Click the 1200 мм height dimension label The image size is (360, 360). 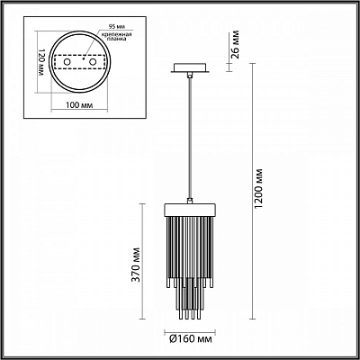pyautogui.click(x=258, y=189)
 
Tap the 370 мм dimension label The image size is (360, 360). pyautogui.click(x=137, y=265)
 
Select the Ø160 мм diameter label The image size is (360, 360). pyautogui.click(x=191, y=339)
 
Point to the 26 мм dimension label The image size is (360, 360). pyautogui.click(x=236, y=44)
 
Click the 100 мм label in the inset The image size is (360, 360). pyautogui.click(x=79, y=105)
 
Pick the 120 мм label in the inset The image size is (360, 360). pyautogui.click(x=41, y=62)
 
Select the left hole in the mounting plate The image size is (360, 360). pyautogui.click(x=67, y=62)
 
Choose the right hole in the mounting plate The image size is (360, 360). pyautogui.click(x=93, y=62)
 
